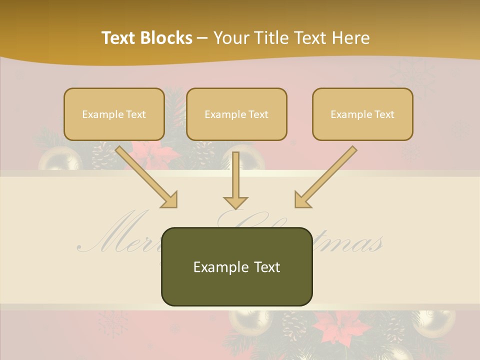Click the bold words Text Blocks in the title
[147, 38]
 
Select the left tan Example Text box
[114, 114]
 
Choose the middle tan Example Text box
[236, 114]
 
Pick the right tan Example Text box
[362, 114]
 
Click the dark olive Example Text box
[236, 267]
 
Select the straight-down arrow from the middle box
[235, 177]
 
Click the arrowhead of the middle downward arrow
[235, 201]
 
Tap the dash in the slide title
[202, 38]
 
